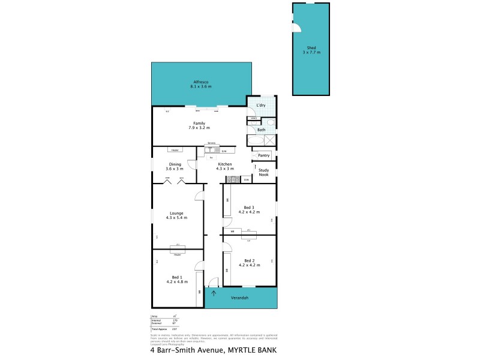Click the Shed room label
point(311,48)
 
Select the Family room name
point(199,123)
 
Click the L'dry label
point(261,106)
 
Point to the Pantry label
point(264,155)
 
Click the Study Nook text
point(264,172)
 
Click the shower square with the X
point(271,140)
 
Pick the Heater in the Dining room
point(175,149)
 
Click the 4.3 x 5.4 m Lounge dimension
point(176,217)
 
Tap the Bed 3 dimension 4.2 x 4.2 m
point(249,212)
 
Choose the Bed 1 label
point(176,277)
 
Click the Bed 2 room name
point(249,260)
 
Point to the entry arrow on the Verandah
point(214,294)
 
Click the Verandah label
point(240,298)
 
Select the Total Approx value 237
point(175,329)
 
